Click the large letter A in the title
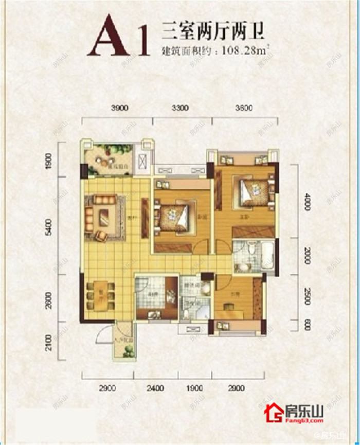(x=108, y=36)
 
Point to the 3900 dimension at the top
(x=119, y=109)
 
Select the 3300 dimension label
(x=180, y=109)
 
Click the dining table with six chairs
(x=99, y=296)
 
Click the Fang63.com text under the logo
(x=304, y=420)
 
